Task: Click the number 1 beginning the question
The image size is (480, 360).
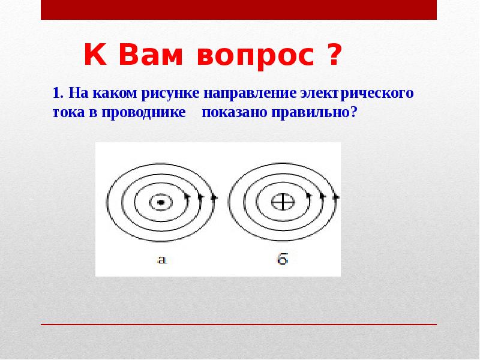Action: pyautogui.click(x=56, y=94)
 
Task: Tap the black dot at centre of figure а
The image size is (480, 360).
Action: pyautogui.click(x=161, y=203)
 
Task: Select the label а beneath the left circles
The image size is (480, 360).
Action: pyautogui.click(x=161, y=259)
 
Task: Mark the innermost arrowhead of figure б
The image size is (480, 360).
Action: pyautogui.click(x=309, y=196)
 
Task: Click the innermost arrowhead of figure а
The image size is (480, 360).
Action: pyautogui.click(x=187, y=196)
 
